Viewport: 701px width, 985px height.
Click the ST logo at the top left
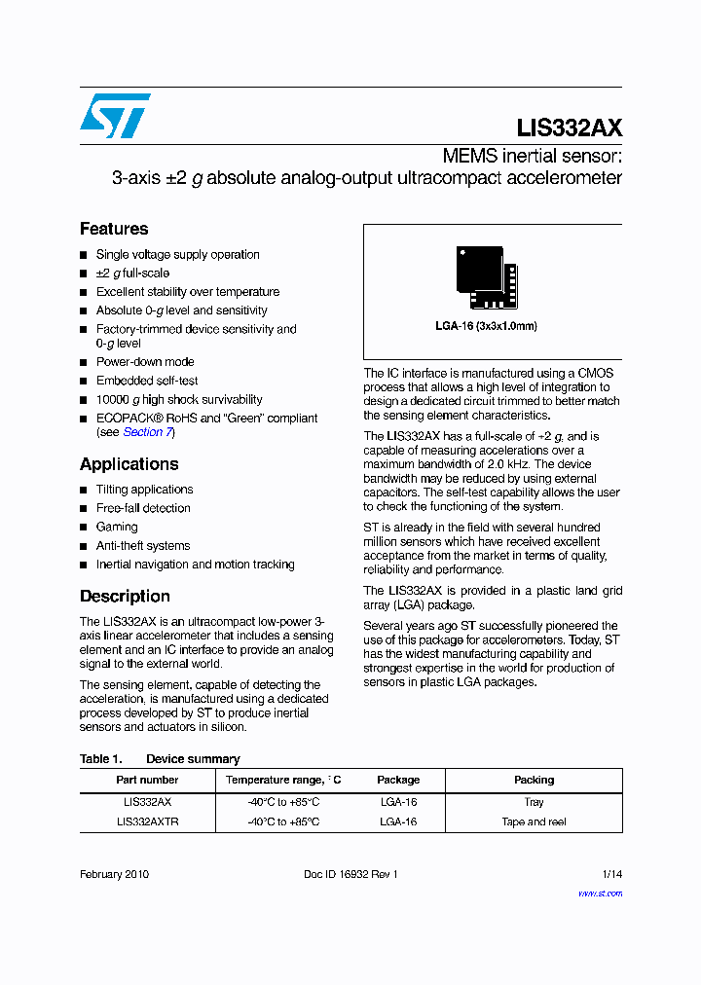point(115,116)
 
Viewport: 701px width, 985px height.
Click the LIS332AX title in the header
point(569,128)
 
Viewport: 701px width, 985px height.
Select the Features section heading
point(114,229)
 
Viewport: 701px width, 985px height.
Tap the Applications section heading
point(129,464)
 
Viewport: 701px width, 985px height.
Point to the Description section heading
point(125,596)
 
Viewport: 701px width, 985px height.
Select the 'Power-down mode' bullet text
point(145,362)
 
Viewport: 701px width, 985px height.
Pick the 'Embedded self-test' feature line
point(147,381)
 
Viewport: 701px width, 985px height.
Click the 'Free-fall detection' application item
point(143,508)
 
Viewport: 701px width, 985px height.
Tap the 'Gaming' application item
point(117,527)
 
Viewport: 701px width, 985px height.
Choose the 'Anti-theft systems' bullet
point(143,546)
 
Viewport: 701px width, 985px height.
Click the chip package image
point(486,273)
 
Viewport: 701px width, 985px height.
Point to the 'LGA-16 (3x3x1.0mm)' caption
point(486,326)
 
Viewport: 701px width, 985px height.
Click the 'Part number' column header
point(147,780)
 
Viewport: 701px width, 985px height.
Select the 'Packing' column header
point(534,780)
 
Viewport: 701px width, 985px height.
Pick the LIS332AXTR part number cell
point(147,821)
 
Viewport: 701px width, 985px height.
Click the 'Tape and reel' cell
point(534,821)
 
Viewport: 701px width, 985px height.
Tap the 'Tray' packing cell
point(534,802)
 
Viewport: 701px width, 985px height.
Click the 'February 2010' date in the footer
point(114,874)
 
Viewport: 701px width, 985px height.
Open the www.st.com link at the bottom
point(600,893)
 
